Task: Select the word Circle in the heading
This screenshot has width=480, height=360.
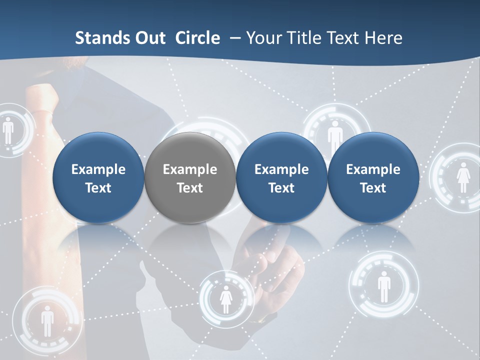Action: pos(197,38)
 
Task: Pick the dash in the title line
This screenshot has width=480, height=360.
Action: pos(234,38)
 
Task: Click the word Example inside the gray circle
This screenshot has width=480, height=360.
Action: pos(190,169)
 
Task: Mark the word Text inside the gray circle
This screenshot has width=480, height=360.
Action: pos(190,188)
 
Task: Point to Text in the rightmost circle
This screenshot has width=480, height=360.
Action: pos(373,188)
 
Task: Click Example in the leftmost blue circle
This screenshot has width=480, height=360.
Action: pos(98,169)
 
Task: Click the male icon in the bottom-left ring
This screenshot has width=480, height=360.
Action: pos(47,320)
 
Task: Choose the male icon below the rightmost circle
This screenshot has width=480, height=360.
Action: pos(383,286)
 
